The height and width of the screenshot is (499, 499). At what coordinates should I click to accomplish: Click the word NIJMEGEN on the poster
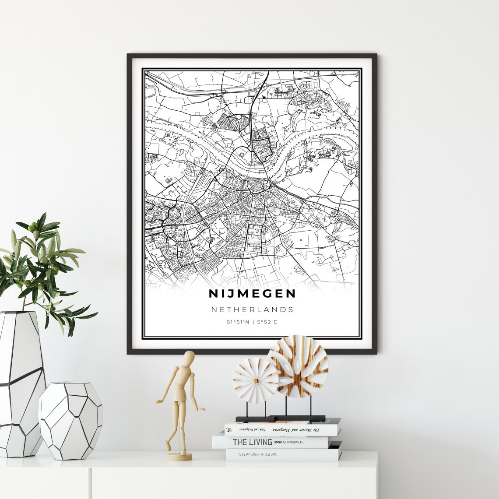point(252,293)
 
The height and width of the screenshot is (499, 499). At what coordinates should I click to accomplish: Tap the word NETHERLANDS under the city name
point(252,309)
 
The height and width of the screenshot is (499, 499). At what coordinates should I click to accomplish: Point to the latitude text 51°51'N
point(238,322)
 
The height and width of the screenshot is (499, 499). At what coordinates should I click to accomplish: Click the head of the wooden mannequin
point(189,358)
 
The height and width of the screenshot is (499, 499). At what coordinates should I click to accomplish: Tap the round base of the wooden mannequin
point(179,457)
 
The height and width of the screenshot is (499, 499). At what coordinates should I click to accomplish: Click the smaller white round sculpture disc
point(255,380)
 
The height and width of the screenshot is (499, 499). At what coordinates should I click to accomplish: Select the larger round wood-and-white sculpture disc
point(298,365)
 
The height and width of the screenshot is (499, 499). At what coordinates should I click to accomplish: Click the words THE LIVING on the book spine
point(253,442)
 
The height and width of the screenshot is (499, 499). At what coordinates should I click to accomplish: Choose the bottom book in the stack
point(283,455)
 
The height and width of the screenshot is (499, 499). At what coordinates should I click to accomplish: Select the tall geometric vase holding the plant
point(21,383)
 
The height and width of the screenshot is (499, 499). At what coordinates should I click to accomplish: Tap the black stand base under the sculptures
point(280,418)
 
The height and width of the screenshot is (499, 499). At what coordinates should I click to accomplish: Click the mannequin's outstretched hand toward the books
point(202,410)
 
